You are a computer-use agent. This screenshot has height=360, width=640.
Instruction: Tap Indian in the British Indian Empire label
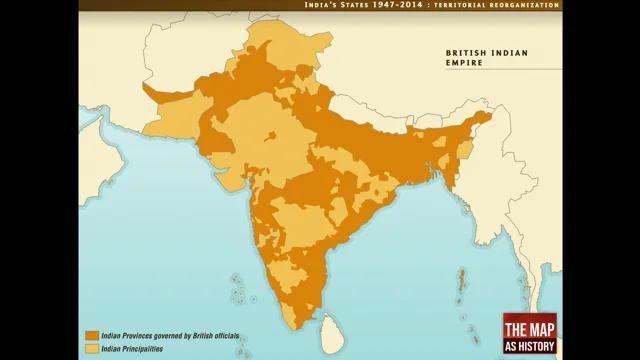tap(510, 52)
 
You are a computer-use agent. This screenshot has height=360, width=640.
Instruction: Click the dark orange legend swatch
tap(91, 336)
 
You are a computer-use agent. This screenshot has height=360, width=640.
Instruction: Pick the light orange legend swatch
tap(91, 348)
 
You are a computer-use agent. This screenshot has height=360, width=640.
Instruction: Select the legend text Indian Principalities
tap(133, 348)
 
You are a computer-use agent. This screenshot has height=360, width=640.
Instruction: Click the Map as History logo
tap(529, 334)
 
